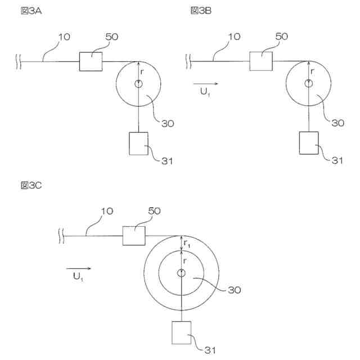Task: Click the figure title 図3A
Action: pos(29,11)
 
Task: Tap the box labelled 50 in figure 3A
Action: pos(91,61)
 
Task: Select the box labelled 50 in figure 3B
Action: pos(261,61)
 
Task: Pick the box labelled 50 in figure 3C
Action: pos(134,235)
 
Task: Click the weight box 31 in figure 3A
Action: pos(138,143)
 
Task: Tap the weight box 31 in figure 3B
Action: pos(309,143)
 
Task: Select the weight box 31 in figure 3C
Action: pos(182,332)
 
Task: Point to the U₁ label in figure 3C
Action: pos(78,276)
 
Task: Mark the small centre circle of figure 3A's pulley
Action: pos(138,84)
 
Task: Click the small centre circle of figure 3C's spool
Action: pos(181,273)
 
